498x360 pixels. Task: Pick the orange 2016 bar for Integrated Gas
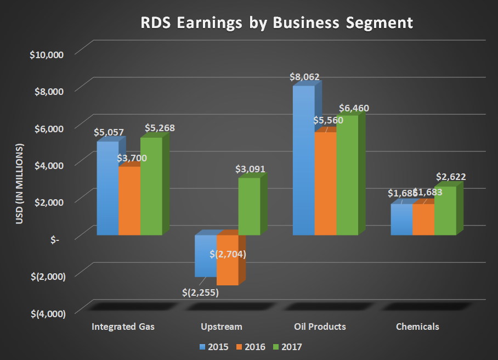point(129,201)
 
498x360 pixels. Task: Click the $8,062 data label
point(305,77)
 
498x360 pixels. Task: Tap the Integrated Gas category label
point(123,327)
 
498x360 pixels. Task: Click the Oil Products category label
point(320,327)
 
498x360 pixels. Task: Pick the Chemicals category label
point(417,327)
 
